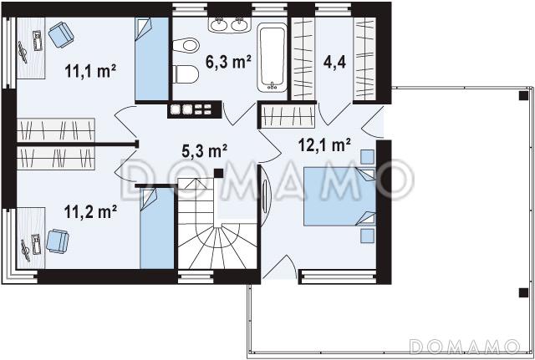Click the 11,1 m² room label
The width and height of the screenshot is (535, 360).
[90, 72]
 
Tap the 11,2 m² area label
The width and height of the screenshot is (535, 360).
[90, 211]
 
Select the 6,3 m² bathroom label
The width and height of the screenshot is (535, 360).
[228, 62]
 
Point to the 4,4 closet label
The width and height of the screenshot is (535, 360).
[334, 63]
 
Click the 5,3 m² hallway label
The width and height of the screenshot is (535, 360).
[204, 151]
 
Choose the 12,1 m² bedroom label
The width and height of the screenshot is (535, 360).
[324, 145]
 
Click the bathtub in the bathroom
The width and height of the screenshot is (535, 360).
[272, 58]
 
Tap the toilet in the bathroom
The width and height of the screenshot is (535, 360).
[186, 74]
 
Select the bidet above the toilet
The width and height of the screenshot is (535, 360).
[186, 45]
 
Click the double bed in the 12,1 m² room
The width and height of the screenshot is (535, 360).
[340, 196]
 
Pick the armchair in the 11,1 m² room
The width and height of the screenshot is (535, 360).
[61, 35]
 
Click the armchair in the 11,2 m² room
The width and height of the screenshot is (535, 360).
[58, 241]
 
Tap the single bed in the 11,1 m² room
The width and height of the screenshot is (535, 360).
[152, 58]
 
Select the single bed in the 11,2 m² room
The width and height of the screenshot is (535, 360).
[157, 228]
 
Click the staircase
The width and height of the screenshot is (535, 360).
[217, 223]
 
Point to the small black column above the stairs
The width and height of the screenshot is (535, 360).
[219, 174]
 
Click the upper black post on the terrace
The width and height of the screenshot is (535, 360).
[523, 96]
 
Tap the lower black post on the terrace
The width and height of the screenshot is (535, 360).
[523, 292]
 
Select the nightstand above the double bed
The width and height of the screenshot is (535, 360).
[368, 157]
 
